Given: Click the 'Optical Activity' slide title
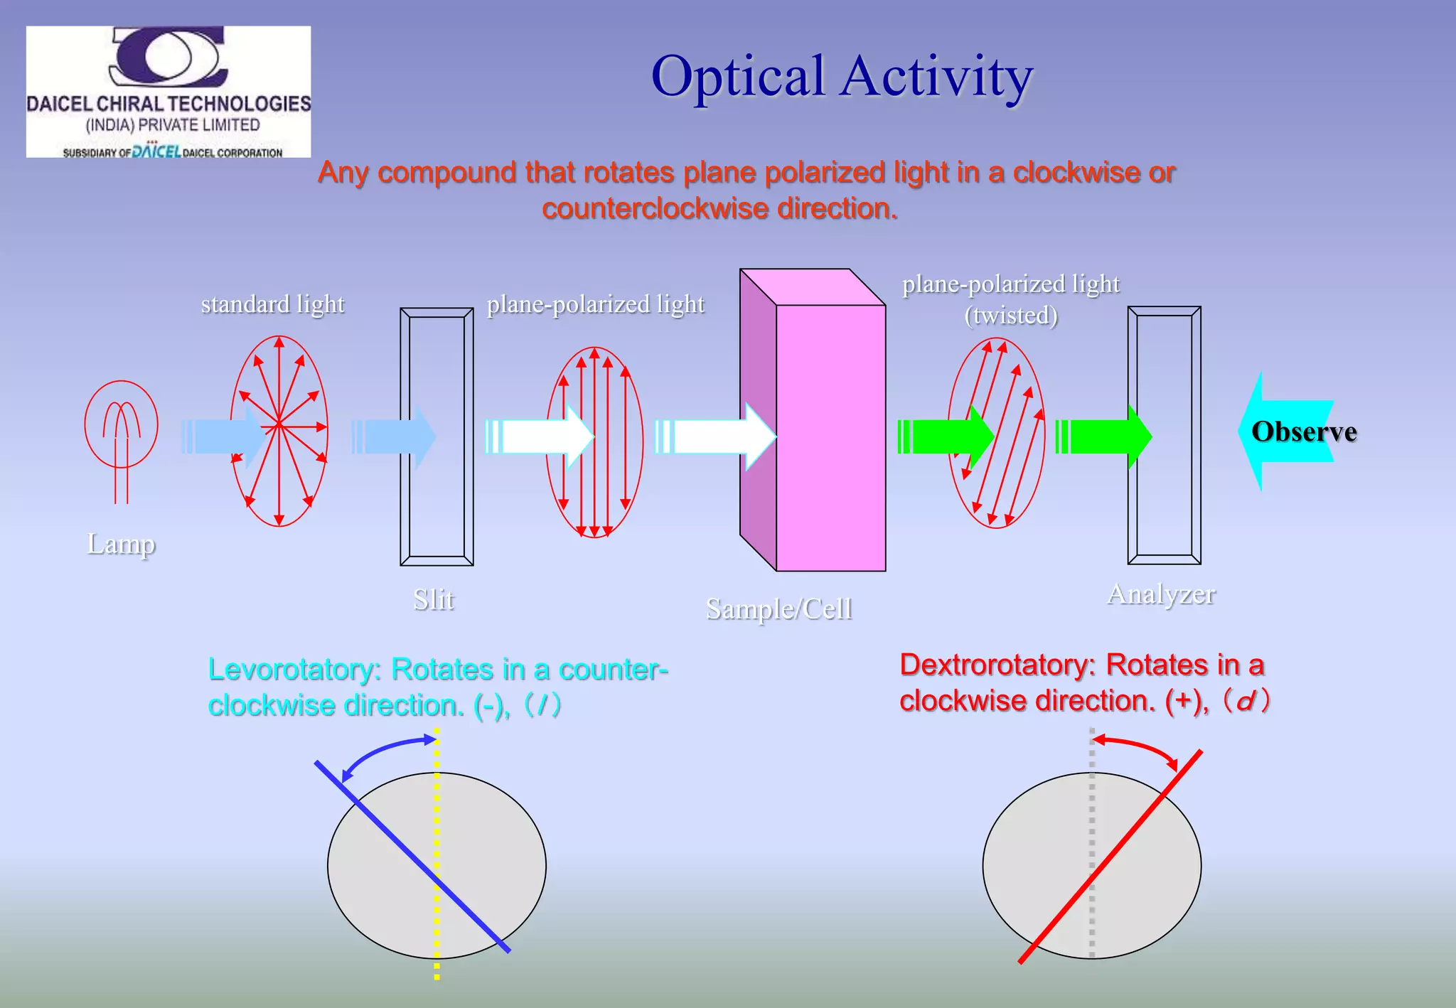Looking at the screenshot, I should point(842,77).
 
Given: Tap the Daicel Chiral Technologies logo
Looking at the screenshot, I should point(168,92).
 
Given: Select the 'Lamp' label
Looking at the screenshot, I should point(121,544).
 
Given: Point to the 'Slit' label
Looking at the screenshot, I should point(434,600).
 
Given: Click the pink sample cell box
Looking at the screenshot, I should point(830,437).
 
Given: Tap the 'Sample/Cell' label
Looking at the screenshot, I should point(779,609).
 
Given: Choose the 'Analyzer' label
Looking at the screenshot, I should point(1161,594).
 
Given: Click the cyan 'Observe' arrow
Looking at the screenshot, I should point(1287,431).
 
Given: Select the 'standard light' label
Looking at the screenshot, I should point(272,304).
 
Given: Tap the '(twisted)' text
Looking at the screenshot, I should point(1011,315).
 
